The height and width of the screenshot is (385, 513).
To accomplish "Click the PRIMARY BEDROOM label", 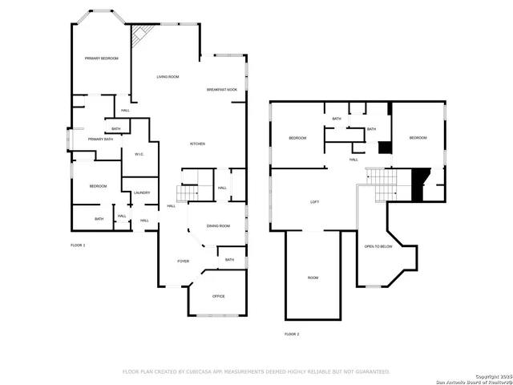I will pos(102,59).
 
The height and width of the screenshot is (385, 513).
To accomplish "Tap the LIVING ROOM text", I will pos(168,76).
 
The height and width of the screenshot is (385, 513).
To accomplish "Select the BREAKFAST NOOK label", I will pos(222,89).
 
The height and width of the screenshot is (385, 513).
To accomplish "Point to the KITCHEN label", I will pos(197,144).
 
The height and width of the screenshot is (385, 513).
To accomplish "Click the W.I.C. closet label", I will pos(139,154).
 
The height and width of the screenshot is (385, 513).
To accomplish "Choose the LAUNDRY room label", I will pos(142,192).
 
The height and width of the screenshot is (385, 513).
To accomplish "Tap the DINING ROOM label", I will pos(219,226).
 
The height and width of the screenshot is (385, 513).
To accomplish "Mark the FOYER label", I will pos(184,261).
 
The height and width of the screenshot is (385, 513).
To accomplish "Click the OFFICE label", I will pos(218,296).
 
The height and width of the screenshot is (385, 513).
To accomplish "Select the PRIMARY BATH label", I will pos(101,140).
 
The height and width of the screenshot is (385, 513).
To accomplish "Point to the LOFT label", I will pos(315,202).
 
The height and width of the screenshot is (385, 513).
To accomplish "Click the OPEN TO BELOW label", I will pos(378,246).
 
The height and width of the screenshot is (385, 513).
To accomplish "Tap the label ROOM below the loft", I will pos(313,278).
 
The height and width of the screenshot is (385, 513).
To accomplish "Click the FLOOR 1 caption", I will pos(78,245).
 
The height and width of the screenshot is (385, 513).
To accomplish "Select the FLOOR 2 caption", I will pos(292,334).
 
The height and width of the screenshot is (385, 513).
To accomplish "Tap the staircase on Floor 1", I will pos(187,192).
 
